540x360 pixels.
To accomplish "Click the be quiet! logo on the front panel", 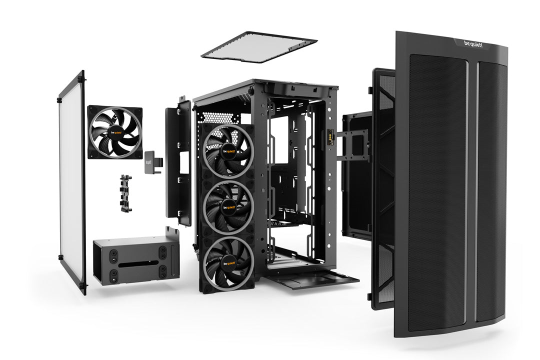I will point(477,45).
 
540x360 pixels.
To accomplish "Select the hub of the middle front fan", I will point(229,206).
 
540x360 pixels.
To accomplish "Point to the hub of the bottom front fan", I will point(228,262).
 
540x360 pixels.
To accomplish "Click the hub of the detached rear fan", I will point(114,132).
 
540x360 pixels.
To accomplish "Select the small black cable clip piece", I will point(125,193).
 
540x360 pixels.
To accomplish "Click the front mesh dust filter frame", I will point(382,185).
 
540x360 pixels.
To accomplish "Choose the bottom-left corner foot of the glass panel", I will point(82,289).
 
